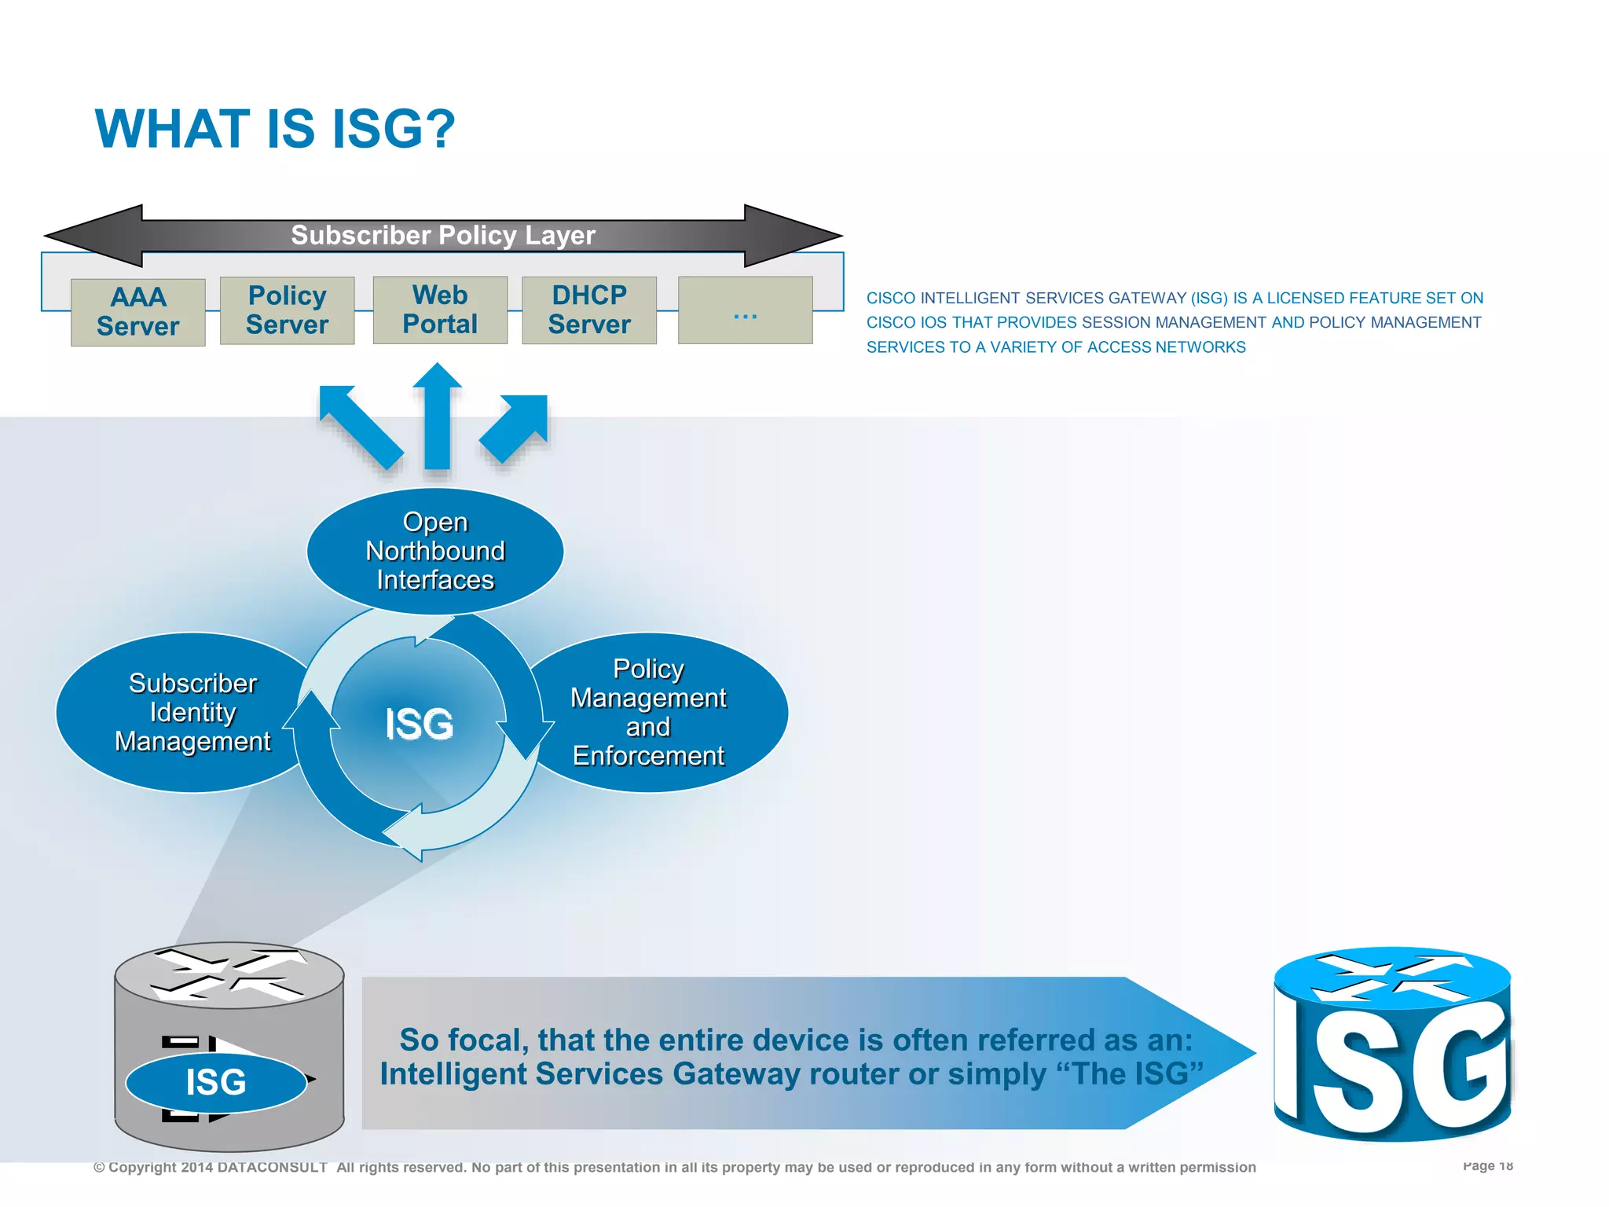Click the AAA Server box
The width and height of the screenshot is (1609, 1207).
(x=137, y=312)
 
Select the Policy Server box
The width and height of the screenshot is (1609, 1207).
(x=287, y=310)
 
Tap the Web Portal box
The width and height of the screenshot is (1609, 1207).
(x=440, y=310)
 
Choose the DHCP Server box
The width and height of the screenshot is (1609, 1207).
(x=589, y=310)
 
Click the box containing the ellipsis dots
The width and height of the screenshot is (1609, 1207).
(x=745, y=310)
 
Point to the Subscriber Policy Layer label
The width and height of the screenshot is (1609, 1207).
(x=443, y=235)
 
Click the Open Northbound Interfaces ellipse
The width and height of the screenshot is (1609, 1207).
(x=434, y=551)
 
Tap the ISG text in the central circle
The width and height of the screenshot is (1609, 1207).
(x=419, y=724)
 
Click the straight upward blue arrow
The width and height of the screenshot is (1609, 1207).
(x=437, y=416)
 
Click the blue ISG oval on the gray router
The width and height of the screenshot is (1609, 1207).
(x=216, y=1082)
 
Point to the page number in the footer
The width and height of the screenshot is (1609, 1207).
(x=1487, y=1165)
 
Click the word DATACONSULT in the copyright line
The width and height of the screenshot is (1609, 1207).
(x=272, y=1168)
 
